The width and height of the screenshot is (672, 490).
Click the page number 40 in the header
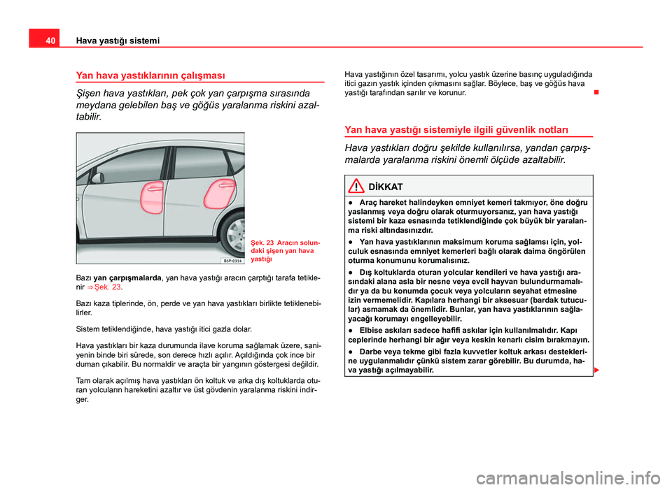coord(41,41)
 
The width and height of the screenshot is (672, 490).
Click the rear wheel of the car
coord(235,240)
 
